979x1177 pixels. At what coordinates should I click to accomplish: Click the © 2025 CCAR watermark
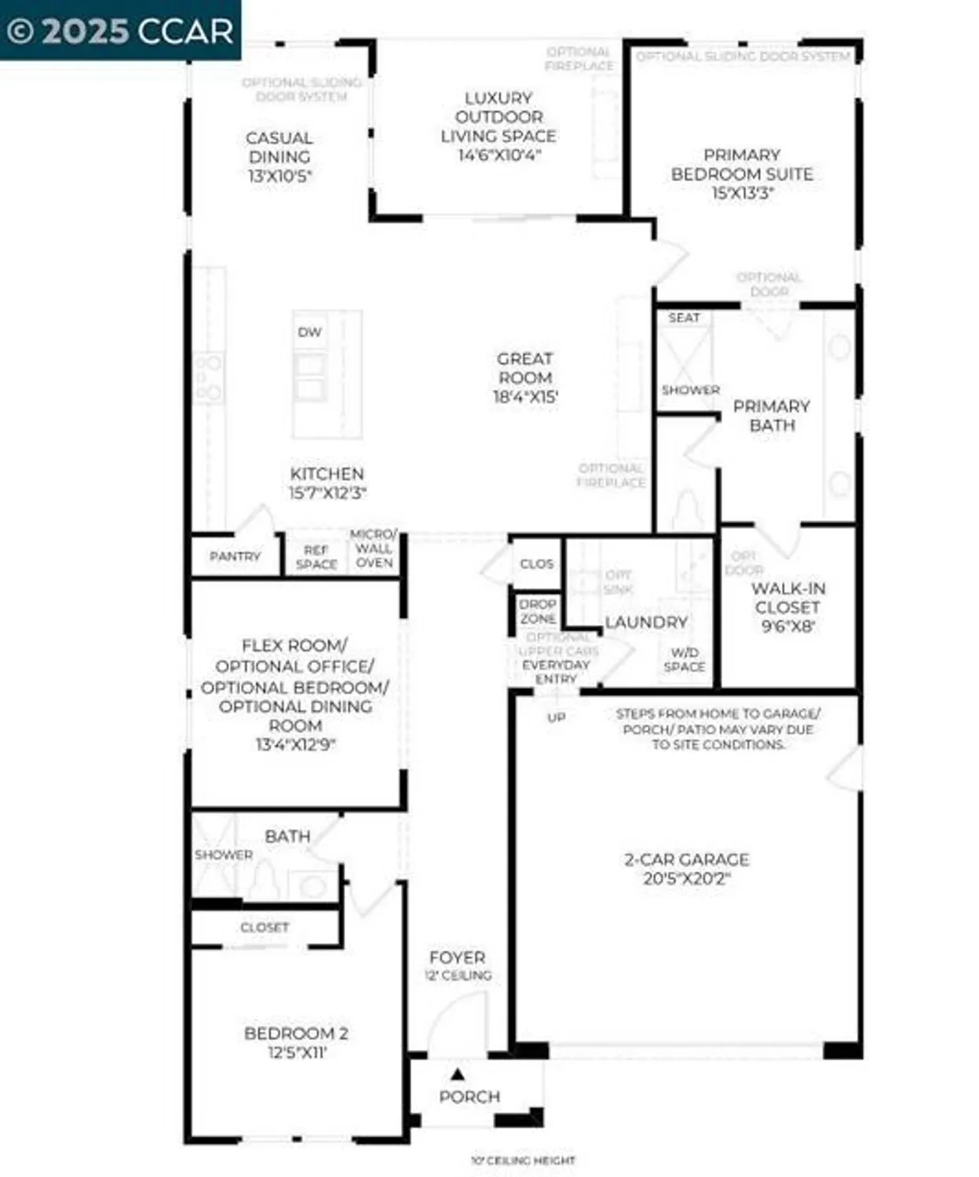coord(120,31)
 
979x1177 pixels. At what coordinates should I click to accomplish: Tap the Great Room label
coord(525,368)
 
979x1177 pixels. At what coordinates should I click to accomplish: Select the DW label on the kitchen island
coord(310,332)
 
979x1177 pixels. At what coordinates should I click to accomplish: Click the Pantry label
coord(235,556)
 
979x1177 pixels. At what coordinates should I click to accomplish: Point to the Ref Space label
coord(316,557)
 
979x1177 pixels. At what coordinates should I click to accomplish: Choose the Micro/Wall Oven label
coord(374,548)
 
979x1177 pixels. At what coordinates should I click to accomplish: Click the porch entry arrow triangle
coord(458,1074)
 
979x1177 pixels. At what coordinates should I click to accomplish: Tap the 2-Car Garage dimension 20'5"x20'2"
coord(687,879)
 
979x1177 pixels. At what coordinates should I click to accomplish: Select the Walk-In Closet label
coord(787,598)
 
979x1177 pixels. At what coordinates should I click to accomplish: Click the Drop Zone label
coord(538,611)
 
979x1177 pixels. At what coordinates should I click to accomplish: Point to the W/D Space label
coord(685,660)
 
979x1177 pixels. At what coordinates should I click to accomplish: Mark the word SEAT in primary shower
coord(684,318)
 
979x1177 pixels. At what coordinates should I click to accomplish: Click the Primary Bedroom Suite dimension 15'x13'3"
coord(743,193)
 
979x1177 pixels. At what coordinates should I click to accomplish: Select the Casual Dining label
coord(279,148)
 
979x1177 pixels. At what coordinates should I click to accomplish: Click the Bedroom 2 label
coord(296,1033)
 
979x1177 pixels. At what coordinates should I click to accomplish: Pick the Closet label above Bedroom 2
coord(265,927)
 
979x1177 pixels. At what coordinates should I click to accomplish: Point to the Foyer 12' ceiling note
coord(458,975)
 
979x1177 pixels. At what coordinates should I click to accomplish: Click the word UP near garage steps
coord(556,717)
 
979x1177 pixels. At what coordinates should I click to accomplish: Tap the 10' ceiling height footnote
coord(523,1160)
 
